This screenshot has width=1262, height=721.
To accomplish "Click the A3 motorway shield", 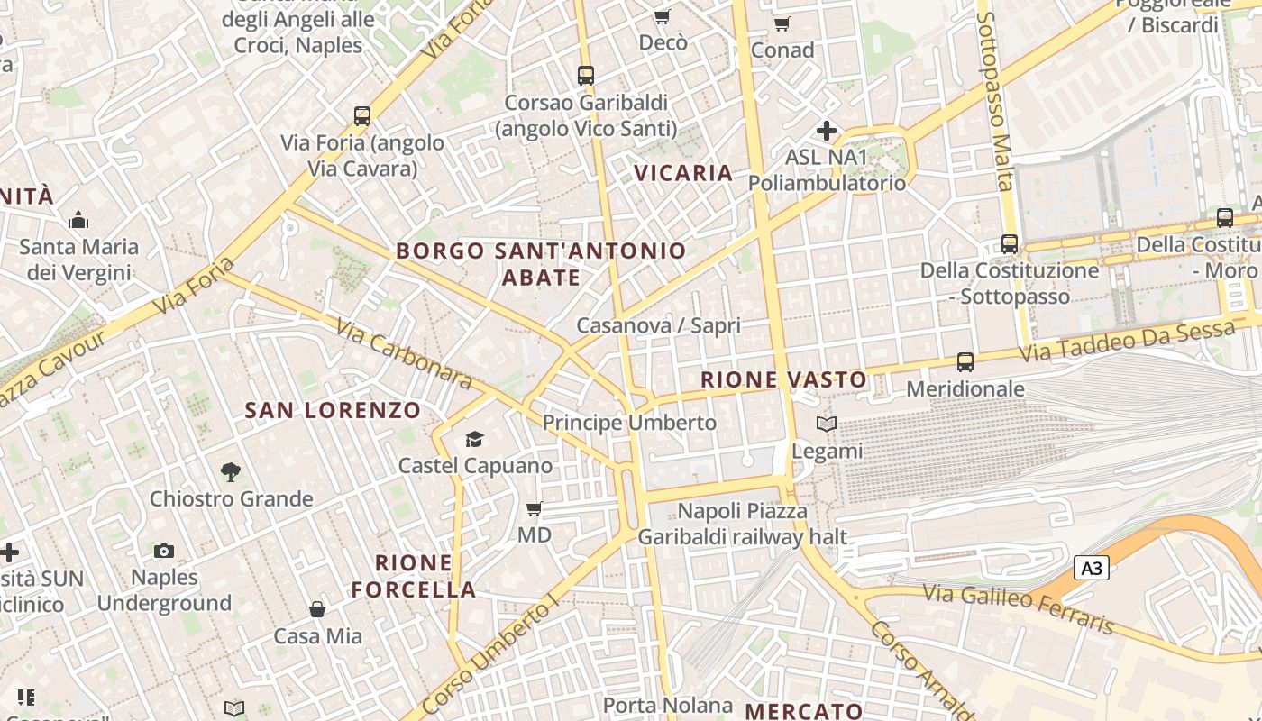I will point(1091,568).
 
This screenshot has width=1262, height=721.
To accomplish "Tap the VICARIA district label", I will point(683,173).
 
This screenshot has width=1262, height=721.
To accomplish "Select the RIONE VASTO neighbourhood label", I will point(783,379).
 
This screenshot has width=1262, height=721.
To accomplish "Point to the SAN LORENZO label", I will point(333,410).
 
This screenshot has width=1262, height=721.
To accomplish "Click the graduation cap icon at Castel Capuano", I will point(474,440).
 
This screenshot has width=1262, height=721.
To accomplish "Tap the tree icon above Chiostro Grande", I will point(231,471).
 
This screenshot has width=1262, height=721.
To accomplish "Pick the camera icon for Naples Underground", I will point(164,551).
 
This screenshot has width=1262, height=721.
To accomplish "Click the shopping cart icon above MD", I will point(534,509).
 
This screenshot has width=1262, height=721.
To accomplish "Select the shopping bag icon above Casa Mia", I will point(317,610).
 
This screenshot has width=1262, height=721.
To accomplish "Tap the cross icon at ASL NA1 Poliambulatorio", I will point(826,131).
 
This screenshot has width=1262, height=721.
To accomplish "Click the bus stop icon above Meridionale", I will point(965,362).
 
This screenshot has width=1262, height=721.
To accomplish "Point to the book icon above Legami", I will point(827,424).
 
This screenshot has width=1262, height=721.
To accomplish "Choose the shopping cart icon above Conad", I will point(782,23).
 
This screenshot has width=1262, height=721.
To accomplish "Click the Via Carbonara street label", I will point(404,354).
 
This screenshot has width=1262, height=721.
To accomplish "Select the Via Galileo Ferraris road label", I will point(1019,608).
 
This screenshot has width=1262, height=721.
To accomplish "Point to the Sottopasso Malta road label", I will point(996,101).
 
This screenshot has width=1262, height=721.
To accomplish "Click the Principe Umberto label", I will point(629,423).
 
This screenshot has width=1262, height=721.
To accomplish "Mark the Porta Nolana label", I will point(667,705).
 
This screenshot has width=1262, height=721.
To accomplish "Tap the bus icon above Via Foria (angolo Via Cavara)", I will point(362,116).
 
